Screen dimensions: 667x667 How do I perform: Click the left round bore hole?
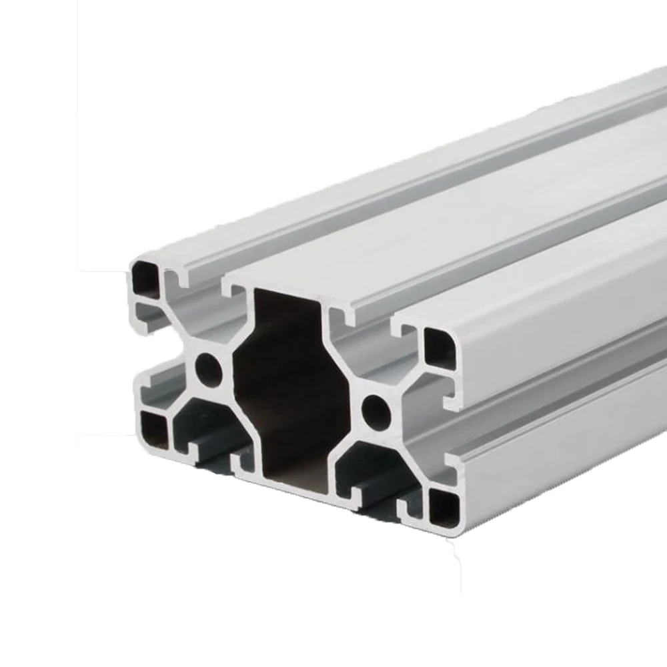click(x=207, y=368)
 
